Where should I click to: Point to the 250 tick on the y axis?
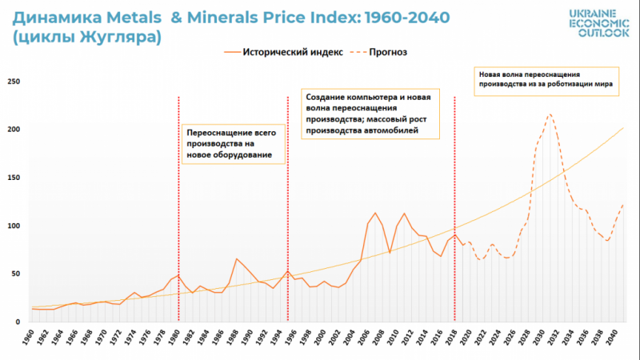coord(14,82)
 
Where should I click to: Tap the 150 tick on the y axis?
coord(14,178)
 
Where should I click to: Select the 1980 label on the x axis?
coord(178,338)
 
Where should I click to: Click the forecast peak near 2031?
coord(550,114)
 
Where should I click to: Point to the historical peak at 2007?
coord(375,213)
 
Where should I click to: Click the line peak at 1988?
coord(237,258)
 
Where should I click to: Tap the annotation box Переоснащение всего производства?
coord(232,142)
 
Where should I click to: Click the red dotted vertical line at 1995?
coord(287,200)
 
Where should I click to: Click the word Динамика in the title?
coord(54,16)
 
